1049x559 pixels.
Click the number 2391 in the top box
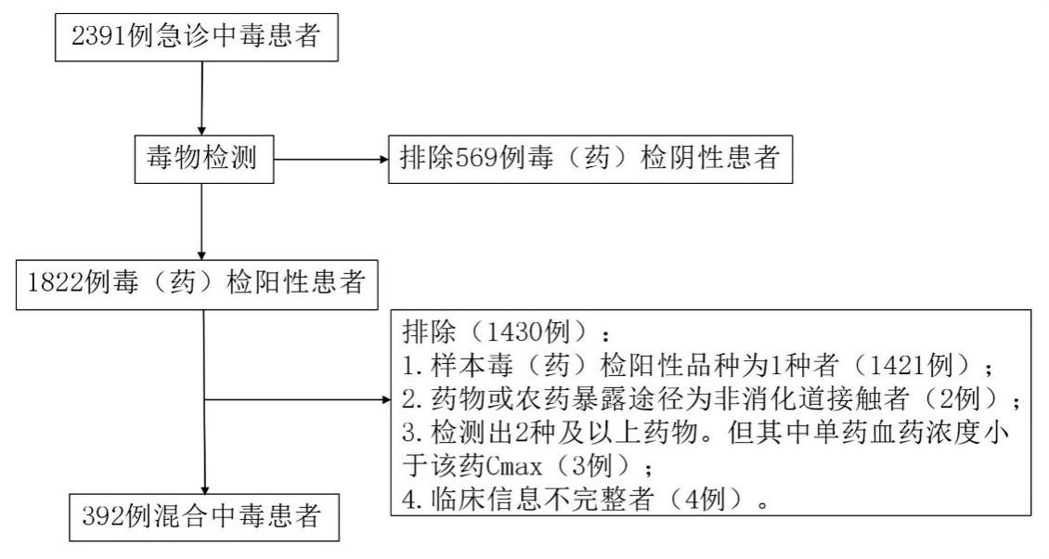point(99,35)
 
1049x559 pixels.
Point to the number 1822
point(57,282)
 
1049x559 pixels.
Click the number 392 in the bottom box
point(103,516)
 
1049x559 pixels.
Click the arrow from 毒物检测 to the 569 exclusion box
point(331,160)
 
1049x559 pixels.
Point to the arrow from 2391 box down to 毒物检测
point(201,98)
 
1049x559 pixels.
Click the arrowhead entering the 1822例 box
point(201,255)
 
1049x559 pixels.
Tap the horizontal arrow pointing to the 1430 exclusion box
point(297,400)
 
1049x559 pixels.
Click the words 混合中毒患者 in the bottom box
point(224,516)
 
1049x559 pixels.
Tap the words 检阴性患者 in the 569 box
point(710,158)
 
